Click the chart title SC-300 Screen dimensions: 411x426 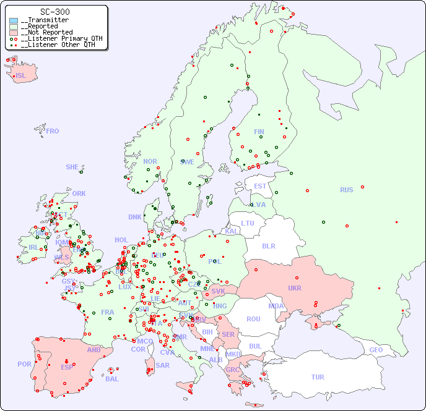point(54,12)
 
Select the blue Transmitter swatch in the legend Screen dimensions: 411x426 point(14,20)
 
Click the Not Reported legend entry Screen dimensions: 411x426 point(46,32)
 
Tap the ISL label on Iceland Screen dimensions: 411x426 point(20,76)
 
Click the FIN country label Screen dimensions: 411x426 point(259,132)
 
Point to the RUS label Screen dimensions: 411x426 point(346,190)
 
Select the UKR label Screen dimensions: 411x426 point(295,288)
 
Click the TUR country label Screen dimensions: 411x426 point(318,377)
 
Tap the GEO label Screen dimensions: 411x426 point(376,350)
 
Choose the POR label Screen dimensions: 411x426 point(24,364)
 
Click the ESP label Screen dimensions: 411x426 point(67,367)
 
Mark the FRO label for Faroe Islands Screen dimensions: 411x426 point(52,131)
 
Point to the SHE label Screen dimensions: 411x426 point(72,167)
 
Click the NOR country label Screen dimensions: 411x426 point(150,161)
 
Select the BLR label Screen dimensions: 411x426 point(268,245)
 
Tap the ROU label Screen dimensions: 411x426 point(253,319)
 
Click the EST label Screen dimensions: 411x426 point(260,186)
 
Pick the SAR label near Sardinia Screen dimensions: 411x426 point(162,365)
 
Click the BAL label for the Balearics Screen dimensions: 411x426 point(111,379)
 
